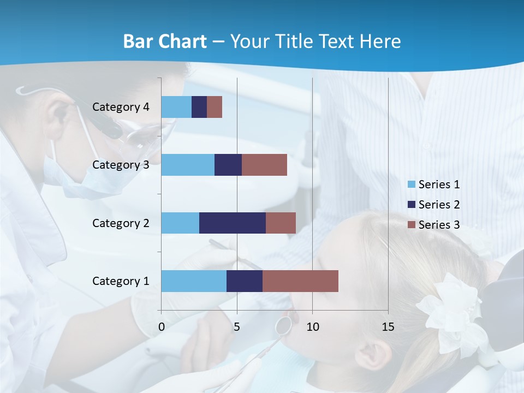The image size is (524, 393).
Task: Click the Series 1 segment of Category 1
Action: pyautogui.click(x=194, y=281)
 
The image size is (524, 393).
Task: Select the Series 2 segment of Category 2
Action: pyautogui.click(x=232, y=223)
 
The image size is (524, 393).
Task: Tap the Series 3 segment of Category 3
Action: pyautogui.click(x=264, y=165)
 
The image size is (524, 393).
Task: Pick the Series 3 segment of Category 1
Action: pyautogui.click(x=300, y=281)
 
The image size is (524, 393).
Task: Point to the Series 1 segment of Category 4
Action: pyautogui.click(x=176, y=107)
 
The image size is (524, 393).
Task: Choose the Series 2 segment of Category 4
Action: pyautogui.click(x=199, y=107)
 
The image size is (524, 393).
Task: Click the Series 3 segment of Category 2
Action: pyautogui.click(x=281, y=223)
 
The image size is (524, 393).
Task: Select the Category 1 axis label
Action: pyautogui.click(x=121, y=281)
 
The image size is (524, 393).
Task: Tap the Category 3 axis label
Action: pyautogui.click(x=121, y=165)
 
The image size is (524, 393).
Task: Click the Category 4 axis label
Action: pyautogui.click(x=121, y=107)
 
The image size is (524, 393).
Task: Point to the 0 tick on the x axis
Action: pyautogui.click(x=162, y=327)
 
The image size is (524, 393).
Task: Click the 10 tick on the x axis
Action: pyautogui.click(x=312, y=327)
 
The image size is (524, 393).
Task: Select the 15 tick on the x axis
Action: pyautogui.click(x=388, y=327)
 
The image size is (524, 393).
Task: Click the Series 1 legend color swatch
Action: pyautogui.click(x=412, y=184)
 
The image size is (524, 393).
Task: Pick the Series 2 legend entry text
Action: pyautogui.click(x=439, y=205)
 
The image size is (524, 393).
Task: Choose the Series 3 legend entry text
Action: pyautogui.click(x=439, y=225)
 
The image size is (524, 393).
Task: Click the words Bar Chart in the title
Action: pyautogui.click(x=164, y=41)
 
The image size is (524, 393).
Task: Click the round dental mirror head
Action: pyautogui.click(x=283, y=325)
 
